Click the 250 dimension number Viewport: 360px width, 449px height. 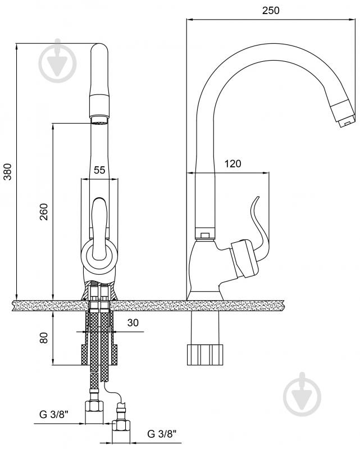[x=271, y=11]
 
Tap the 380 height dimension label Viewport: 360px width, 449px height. [x=8, y=171]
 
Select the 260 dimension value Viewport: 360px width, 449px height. [x=44, y=212]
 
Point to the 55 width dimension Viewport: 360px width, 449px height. [x=99, y=170]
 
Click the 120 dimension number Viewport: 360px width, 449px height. [x=233, y=164]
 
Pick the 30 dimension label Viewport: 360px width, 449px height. [x=133, y=323]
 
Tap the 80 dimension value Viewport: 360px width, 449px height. [x=44, y=338]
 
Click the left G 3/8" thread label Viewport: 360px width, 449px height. [x=54, y=414]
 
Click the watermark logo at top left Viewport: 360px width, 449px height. [x=57, y=61]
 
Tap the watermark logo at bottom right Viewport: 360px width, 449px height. [x=302, y=394]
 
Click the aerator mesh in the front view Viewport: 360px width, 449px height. [x=99, y=123]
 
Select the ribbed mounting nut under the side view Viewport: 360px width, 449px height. [x=205, y=355]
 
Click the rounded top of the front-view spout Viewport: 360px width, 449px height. [x=99, y=50]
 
